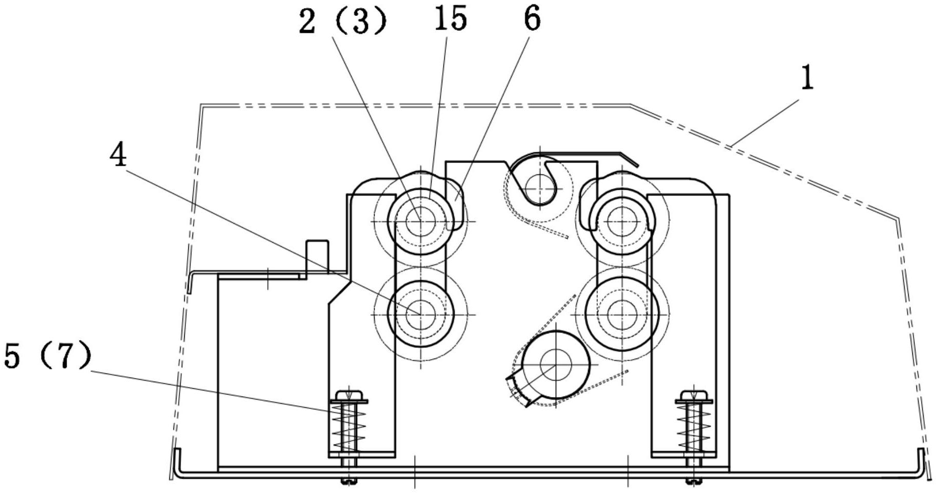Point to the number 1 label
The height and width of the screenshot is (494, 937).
[807, 78]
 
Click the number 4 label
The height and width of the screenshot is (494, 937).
[119, 154]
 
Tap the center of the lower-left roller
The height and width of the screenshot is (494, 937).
[421, 314]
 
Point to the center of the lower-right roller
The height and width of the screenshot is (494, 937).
[622, 314]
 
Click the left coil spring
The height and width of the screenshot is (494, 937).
[349, 426]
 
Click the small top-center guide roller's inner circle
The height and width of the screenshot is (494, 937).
[540, 188]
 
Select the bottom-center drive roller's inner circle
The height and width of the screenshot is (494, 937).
[556, 365]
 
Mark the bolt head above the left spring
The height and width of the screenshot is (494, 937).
[349, 395]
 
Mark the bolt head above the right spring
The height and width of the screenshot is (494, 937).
[694, 395]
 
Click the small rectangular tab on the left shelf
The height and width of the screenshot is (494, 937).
[317, 259]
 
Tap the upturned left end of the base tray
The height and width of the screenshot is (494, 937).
[179, 462]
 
